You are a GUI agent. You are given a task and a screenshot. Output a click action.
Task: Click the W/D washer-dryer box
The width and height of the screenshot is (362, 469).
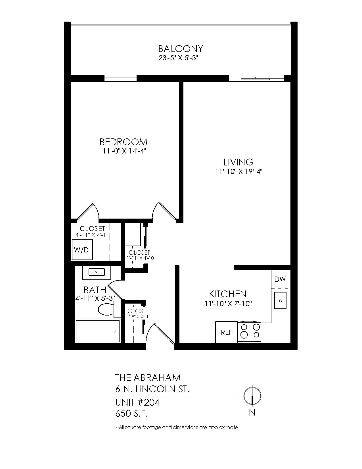click(82, 250)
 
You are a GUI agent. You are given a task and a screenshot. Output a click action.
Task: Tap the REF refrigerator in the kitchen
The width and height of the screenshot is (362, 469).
click(227, 332)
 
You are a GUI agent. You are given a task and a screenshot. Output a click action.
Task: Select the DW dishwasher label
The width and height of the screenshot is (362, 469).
click(280, 279)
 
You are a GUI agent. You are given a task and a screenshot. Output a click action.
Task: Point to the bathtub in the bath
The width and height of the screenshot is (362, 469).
click(97, 331)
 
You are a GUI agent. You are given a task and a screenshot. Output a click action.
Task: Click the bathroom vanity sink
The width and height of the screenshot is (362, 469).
click(97, 272)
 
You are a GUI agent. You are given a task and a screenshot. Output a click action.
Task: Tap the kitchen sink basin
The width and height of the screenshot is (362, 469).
click(280, 300)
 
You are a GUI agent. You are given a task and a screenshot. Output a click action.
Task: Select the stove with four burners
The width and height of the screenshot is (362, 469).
click(250, 332)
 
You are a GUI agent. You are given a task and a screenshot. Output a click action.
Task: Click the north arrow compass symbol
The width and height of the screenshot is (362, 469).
click(252, 396)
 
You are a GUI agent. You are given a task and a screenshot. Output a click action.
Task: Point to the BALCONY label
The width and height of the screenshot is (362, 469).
click(181, 49)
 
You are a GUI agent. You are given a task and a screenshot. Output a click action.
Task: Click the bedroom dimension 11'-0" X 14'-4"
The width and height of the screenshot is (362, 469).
click(124, 151)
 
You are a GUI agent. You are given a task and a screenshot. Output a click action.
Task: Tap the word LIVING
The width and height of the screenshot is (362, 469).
click(238, 162)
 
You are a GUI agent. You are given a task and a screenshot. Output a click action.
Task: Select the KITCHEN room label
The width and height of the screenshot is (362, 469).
click(228, 294)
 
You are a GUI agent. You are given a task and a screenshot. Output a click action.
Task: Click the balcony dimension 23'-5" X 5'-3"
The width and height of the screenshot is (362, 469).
click(178, 58)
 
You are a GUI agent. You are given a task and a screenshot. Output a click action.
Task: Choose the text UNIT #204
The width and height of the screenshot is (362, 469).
click(137, 402)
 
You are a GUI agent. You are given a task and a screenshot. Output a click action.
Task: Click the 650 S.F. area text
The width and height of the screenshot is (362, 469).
click(131, 414)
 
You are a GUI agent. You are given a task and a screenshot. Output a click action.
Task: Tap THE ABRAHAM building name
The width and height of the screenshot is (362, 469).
click(148, 378)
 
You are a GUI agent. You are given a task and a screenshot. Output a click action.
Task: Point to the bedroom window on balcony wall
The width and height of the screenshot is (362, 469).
click(120, 78)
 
